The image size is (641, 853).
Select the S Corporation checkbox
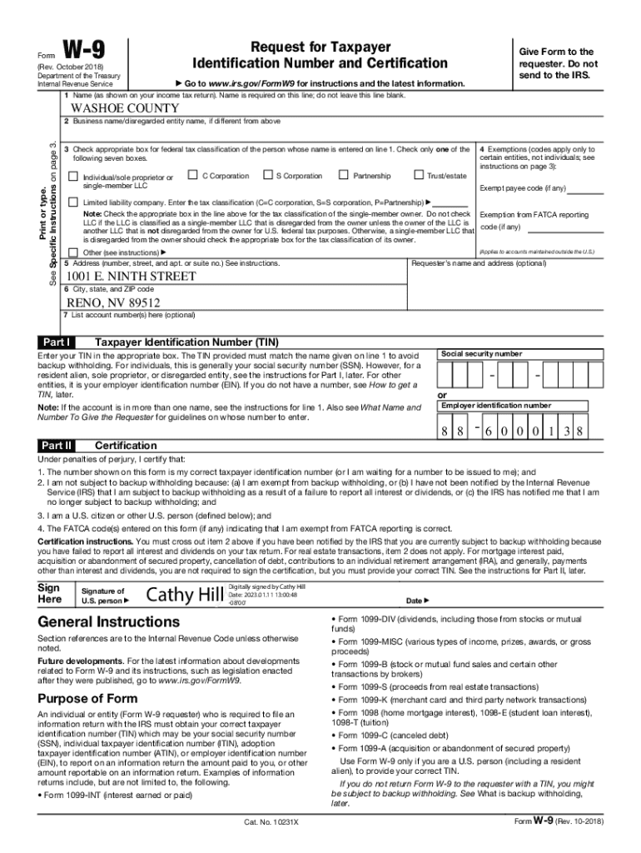pos(267,175)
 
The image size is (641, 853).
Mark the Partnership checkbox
pos(344,175)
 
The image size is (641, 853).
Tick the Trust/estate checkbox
pos(418,175)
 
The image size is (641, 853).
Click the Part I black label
pos(57,342)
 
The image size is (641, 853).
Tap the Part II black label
pos(57,446)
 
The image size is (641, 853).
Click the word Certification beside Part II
pos(126,446)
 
